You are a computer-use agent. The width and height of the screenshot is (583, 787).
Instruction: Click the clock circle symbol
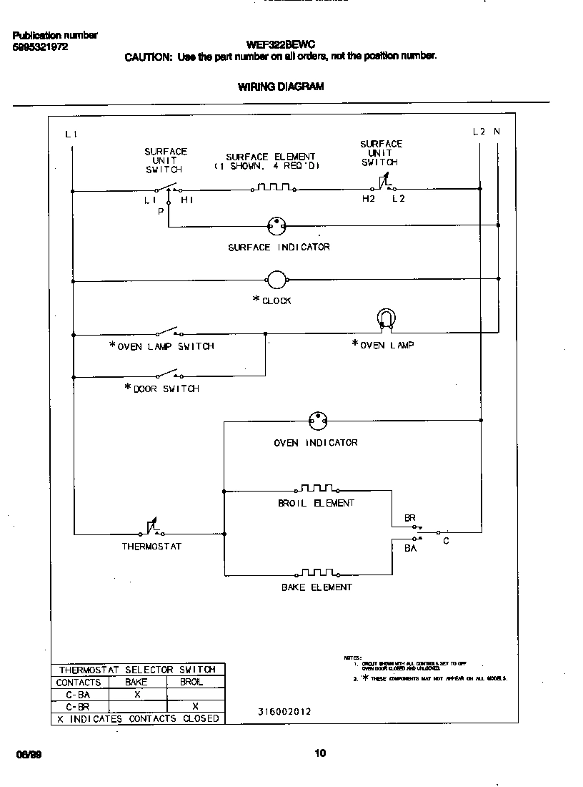(276, 280)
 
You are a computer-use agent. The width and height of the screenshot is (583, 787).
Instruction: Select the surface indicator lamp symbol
(276, 225)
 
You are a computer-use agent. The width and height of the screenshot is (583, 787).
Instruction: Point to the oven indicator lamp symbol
(317, 421)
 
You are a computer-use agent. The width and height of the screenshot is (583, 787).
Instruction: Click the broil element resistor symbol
(317, 489)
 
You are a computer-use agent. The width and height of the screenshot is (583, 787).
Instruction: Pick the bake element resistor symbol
(317, 573)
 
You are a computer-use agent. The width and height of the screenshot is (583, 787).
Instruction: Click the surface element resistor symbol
(274, 188)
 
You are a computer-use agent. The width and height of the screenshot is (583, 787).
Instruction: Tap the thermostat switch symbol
(152, 529)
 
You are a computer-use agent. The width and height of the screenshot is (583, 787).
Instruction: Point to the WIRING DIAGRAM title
(281, 87)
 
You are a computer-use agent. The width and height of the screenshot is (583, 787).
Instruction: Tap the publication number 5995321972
(40, 46)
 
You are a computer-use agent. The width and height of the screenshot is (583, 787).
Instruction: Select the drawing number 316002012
(284, 712)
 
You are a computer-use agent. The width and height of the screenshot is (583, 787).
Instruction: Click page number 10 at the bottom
(319, 753)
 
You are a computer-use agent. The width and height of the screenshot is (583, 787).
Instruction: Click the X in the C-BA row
(137, 694)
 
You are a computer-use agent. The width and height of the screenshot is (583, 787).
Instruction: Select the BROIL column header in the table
(191, 682)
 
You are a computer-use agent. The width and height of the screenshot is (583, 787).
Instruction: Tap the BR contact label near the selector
(409, 517)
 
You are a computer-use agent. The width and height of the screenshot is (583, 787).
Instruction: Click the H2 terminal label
(368, 200)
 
